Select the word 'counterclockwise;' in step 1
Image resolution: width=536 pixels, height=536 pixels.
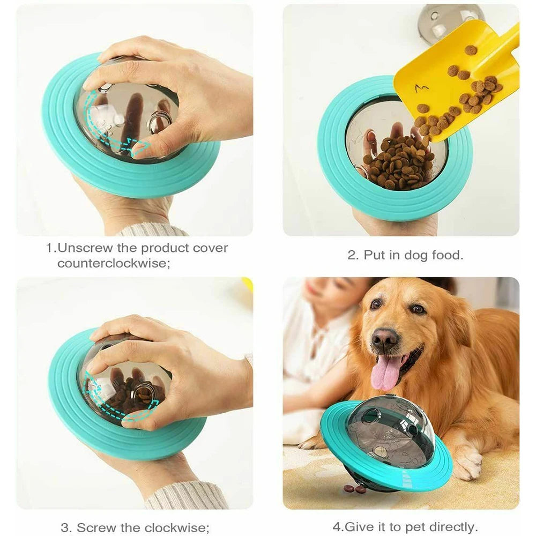(x=114, y=264)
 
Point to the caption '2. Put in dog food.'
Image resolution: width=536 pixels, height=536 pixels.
(x=405, y=255)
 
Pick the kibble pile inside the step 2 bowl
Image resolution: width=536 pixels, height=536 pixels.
(x=399, y=163)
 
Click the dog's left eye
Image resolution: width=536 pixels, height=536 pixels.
(x=418, y=309)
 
